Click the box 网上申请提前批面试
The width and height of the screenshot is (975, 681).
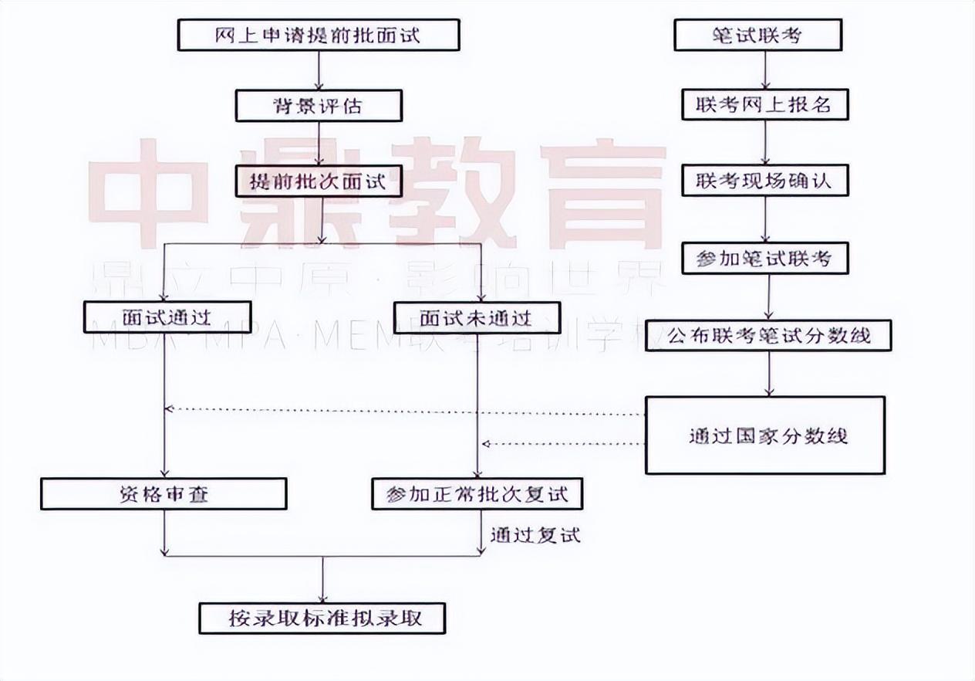pyautogui.click(x=319, y=36)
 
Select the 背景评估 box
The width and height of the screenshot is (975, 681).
pyautogui.click(x=319, y=106)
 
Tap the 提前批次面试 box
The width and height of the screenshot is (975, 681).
pyautogui.click(x=319, y=182)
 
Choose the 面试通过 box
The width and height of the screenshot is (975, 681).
pyautogui.click(x=167, y=317)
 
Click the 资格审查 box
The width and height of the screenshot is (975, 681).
pyautogui.click(x=164, y=494)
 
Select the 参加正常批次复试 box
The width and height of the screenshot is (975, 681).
pyautogui.click(x=477, y=494)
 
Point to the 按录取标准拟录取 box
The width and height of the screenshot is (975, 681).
pyautogui.click(x=322, y=618)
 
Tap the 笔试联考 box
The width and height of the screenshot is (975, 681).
pyautogui.click(x=757, y=36)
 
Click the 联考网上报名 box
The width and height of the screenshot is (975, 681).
pyautogui.click(x=764, y=104)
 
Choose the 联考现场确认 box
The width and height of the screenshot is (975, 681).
pyautogui.click(x=764, y=181)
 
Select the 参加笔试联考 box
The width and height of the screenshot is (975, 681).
pyautogui.click(x=764, y=259)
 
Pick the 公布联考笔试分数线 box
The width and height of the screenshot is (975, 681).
pyautogui.click(x=768, y=336)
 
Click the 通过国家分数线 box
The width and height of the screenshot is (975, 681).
pyautogui.click(x=764, y=435)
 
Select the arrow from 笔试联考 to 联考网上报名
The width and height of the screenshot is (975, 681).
pyautogui.click(x=765, y=70)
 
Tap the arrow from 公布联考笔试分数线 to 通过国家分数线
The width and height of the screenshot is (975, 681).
pyautogui.click(x=769, y=374)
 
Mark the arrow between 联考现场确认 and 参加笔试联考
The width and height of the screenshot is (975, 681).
pyautogui.click(x=765, y=220)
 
